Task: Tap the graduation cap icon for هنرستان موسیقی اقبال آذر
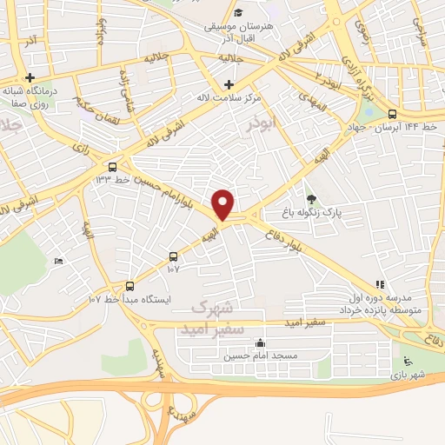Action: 238,13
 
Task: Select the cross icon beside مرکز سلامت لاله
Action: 229,84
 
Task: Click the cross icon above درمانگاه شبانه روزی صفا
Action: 30,77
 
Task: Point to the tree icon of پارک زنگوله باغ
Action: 311,199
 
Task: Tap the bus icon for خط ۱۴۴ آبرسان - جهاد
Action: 392,114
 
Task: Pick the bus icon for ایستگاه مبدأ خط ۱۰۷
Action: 130,285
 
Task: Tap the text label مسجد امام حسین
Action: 261,355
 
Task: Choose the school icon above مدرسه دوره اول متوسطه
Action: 379,284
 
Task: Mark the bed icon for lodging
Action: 58,262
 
